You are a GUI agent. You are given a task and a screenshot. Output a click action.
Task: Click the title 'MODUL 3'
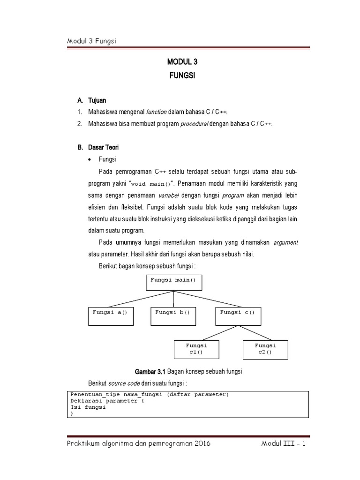tap(180, 61)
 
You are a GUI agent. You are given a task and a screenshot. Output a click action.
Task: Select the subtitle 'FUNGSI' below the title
tap(180, 75)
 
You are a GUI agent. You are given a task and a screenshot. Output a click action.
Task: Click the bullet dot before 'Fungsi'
tap(90, 159)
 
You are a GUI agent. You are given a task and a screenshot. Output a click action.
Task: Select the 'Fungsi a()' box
tap(111, 316)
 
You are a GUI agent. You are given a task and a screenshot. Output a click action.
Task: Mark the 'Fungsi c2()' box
tap(265, 349)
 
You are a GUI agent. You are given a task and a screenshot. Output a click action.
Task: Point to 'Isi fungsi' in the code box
tap(88, 407)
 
